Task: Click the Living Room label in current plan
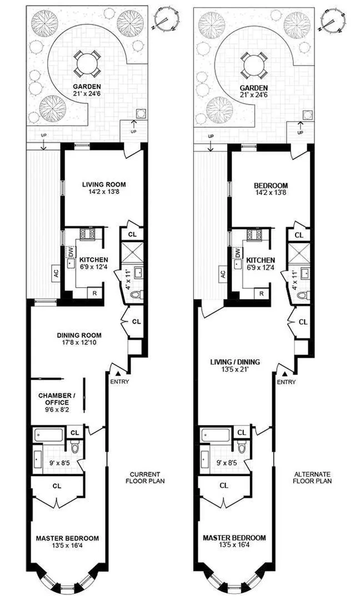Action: click(x=104, y=184)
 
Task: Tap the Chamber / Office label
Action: click(x=54, y=399)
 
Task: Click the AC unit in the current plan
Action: click(x=56, y=273)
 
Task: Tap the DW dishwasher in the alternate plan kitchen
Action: click(x=238, y=253)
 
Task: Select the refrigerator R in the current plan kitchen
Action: click(x=96, y=293)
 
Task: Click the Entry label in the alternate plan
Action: click(x=286, y=382)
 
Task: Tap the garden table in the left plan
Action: click(x=86, y=63)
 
